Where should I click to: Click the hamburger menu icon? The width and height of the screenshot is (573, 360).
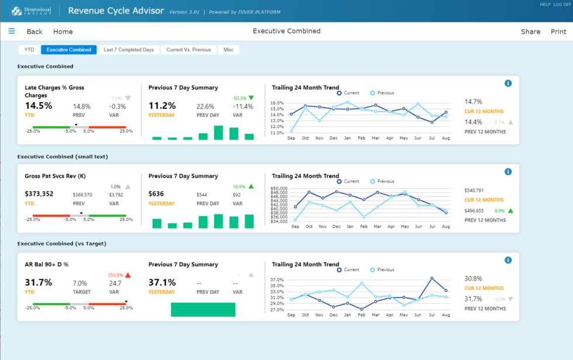click(x=12, y=31)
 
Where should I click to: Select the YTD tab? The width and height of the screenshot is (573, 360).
click(x=29, y=50)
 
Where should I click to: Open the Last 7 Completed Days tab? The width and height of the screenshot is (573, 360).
click(x=129, y=50)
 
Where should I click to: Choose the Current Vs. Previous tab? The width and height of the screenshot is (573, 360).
click(x=188, y=50)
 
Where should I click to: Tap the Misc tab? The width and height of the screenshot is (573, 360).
click(x=229, y=50)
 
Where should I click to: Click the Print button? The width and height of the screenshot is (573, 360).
click(x=558, y=32)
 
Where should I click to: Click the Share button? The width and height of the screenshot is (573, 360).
click(x=530, y=32)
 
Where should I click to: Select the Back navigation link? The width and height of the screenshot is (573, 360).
click(x=34, y=32)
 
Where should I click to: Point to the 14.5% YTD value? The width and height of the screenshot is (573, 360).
click(x=39, y=106)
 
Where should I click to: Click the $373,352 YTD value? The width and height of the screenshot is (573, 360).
click(x=39, y=194)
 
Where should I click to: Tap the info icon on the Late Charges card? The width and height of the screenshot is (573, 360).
click(x=508, y=84)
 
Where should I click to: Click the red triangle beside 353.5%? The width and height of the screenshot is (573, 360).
click(x=128, y=275)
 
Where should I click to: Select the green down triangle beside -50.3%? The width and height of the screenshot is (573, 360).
click(x=251, y=98)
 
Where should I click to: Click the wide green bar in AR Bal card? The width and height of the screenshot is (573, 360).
click(x=203, y=309)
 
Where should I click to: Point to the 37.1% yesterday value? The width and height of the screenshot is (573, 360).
click(x=162, y=282)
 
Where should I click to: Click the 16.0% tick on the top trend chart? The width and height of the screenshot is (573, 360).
click(x=277, y=103)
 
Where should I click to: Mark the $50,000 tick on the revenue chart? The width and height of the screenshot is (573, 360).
click(x=278, y=189)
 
